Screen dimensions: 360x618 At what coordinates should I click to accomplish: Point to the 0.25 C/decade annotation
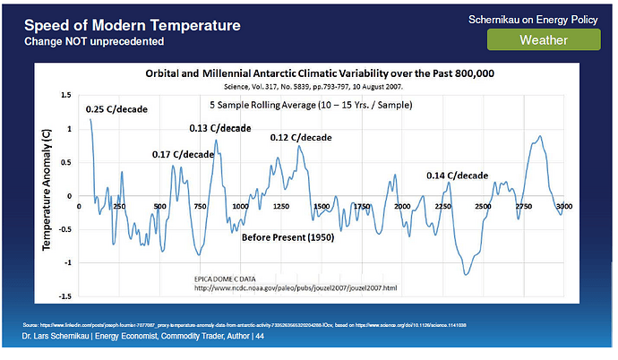tap(117, 110)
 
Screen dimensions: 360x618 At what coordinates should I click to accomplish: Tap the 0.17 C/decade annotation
tap(183, 154)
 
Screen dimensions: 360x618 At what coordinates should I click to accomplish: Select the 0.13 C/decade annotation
tap(220, 128)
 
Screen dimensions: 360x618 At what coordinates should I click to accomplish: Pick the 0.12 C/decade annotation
tap(301, 138)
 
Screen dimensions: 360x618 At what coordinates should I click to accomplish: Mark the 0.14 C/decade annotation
tap(457, 175)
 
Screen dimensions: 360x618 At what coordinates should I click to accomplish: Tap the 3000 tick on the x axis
tap(563, 207)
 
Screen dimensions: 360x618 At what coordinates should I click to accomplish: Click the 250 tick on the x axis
tap(120, 207)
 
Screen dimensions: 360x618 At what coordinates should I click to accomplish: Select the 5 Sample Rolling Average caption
tap(320, 105)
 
